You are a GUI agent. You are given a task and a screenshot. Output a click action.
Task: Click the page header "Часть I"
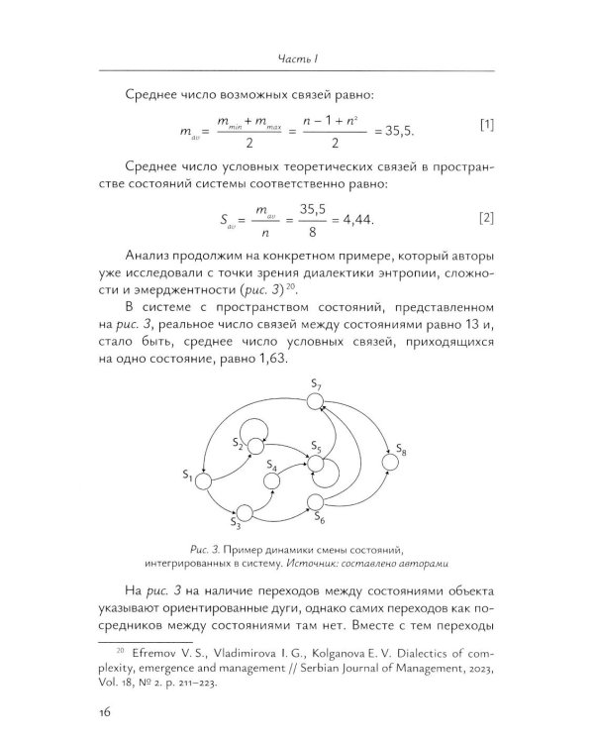click(x=297, y=58)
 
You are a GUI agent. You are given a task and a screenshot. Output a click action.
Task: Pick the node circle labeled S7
click(x=316, y=401)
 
